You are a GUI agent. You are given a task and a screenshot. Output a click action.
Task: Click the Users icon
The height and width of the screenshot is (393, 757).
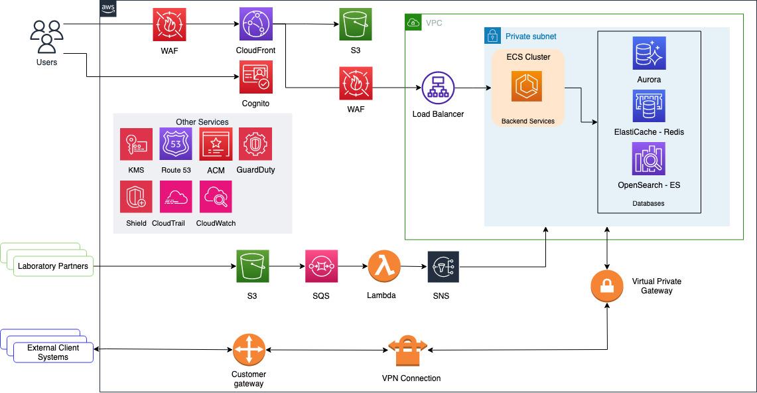(x=46, y=36)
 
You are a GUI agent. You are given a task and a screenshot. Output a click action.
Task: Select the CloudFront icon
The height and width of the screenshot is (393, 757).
(x=255, y=25)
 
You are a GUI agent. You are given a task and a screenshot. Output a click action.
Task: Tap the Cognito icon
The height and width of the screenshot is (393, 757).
(x=255, y=78)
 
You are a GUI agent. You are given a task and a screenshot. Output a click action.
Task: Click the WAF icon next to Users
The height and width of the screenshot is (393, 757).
(x=169, y=25)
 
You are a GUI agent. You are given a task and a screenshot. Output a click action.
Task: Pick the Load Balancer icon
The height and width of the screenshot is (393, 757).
(x=438, y=87)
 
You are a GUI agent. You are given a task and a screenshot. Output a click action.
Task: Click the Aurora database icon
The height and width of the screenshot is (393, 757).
(x=648, y=53)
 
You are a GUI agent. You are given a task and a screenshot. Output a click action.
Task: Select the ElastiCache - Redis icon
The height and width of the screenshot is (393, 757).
(x=648, y=106)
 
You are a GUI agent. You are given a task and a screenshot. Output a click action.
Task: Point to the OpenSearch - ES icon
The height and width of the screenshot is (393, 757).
(x=648, y=159)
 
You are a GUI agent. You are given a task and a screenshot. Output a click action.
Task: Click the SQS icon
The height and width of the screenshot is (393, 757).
(x=321, y=266)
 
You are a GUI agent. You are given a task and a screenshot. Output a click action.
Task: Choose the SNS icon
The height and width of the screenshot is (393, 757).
(x=443, y=267)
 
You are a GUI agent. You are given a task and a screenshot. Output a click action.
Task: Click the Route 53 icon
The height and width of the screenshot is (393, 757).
(x=176, y=144)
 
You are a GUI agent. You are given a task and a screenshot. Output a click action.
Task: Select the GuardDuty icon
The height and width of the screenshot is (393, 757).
(x=255, y=144)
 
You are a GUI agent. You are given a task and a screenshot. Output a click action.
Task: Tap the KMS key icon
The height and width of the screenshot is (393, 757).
(x=136, y=144)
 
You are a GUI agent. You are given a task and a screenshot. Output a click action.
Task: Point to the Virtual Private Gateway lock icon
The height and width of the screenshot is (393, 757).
(x=607, y=285)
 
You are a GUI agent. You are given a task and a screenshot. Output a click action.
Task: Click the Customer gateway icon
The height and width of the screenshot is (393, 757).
(x=249, y=349)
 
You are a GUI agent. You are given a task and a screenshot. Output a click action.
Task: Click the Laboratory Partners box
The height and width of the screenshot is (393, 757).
(x=53, y=267)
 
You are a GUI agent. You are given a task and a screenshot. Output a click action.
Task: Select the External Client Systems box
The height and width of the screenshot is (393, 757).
(x=53, y=353)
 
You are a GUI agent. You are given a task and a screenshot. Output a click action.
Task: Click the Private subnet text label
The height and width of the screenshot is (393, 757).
(x=531, y=37)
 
